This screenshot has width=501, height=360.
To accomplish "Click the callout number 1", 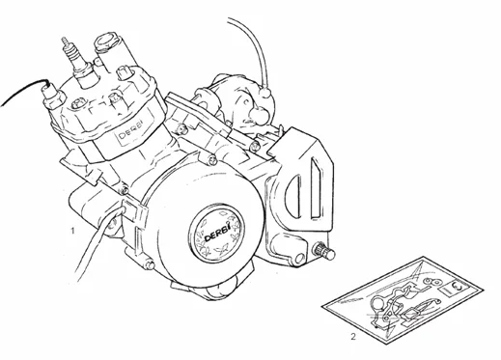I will [73, 233].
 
